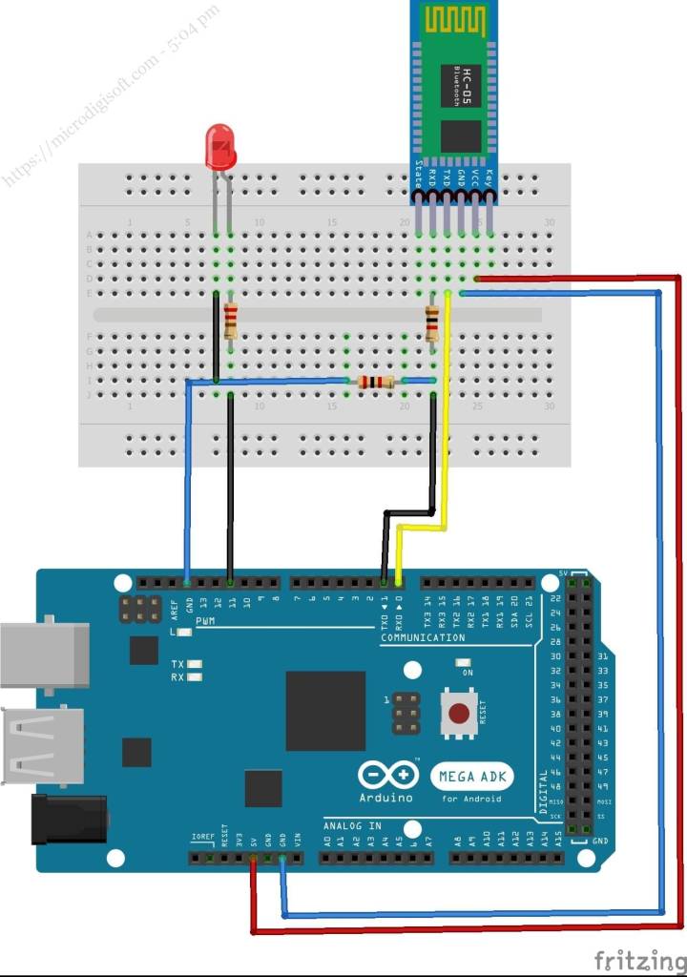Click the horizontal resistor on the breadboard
tap(375, 383)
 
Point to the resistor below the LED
tap(231, 321)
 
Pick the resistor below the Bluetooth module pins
tap(432, 323)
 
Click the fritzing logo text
tap(636, 958)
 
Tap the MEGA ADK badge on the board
tap(471, 776)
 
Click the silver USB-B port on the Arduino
tap(44, 657)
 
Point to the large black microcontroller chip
tap(325, 710)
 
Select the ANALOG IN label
tap(352, 825)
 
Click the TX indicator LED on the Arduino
tap(196, 663)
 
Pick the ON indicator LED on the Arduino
tap(464, 661)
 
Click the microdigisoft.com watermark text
tap(110, 95)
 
